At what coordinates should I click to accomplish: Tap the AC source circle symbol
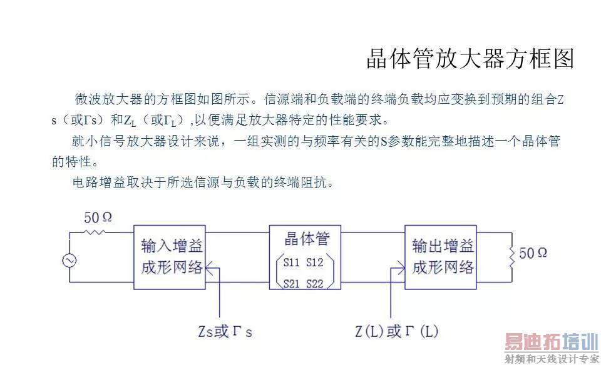point(69,261)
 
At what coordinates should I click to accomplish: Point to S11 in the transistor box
point(292,262)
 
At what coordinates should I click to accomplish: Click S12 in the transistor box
point(316,262)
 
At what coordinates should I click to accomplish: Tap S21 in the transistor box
point(292,283)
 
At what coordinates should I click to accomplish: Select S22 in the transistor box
point(316,283)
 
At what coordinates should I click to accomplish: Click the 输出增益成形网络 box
point(442,256)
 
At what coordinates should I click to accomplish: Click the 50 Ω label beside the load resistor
point(533,253)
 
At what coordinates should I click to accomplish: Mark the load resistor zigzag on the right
point(513,253)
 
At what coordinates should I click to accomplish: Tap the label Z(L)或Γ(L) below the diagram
point(396,331)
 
